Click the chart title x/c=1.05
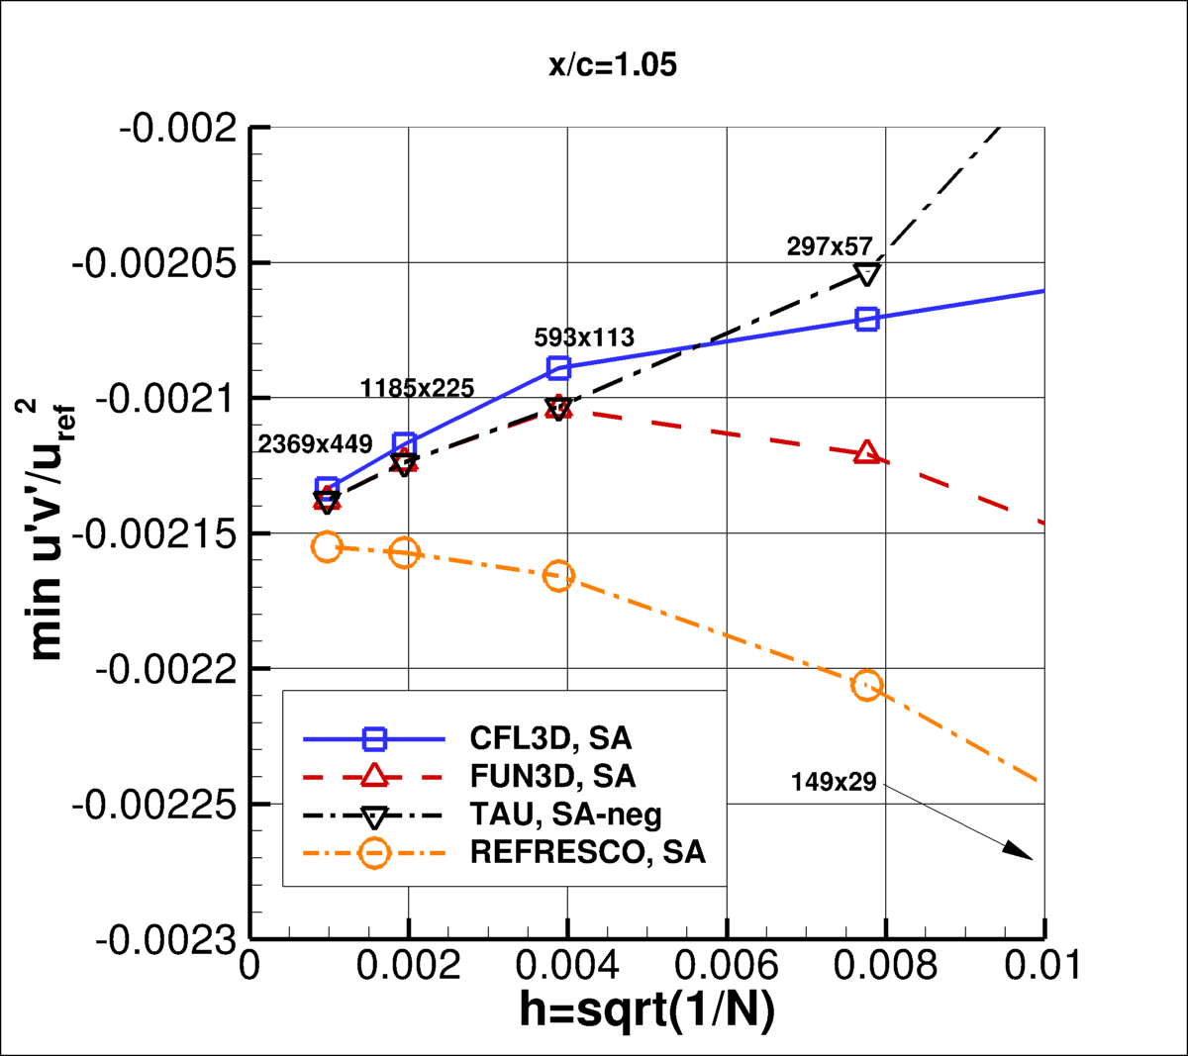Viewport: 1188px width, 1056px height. point(613,65)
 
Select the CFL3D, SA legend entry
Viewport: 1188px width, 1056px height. point(550,738)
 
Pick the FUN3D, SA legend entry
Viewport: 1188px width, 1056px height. point(552,776)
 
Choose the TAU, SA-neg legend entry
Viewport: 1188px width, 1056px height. point(565,815)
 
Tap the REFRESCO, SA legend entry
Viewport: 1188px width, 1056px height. point(587,852)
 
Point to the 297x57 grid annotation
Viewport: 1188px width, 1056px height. point(830,247)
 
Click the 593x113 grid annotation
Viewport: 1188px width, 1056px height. point(584,337)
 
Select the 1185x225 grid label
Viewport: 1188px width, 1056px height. point(417,389)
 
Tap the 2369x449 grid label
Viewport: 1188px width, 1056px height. point(315,444)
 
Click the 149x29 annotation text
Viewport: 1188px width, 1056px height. point(834,783)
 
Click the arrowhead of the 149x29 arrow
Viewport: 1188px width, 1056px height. point(1020,851)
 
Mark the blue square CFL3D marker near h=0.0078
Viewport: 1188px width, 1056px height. point(867,319)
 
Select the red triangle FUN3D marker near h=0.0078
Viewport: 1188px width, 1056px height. point(867,453)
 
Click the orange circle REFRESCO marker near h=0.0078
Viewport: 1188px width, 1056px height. point(867,686)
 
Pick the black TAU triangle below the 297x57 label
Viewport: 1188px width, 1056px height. point(867,274)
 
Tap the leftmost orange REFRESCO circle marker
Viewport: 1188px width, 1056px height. point(327,546)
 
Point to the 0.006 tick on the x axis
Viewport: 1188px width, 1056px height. point(727,965)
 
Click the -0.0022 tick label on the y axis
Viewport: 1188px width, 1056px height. point(167,669)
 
